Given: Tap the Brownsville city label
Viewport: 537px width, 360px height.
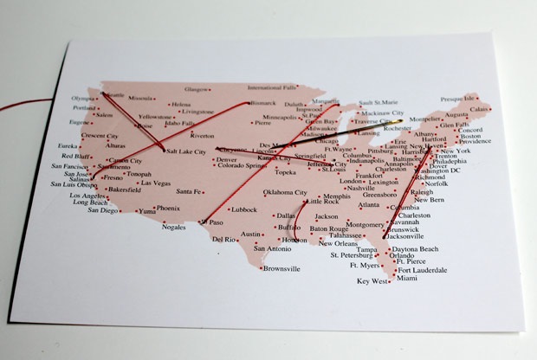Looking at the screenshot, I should point(282,268).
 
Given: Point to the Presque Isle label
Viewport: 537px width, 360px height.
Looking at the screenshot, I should point(458,100).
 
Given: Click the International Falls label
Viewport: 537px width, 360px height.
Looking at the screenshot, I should point(272,87).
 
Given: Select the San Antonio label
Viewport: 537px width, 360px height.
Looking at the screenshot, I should point(265,250).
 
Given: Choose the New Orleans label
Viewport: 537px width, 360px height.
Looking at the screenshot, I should point(328,243).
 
